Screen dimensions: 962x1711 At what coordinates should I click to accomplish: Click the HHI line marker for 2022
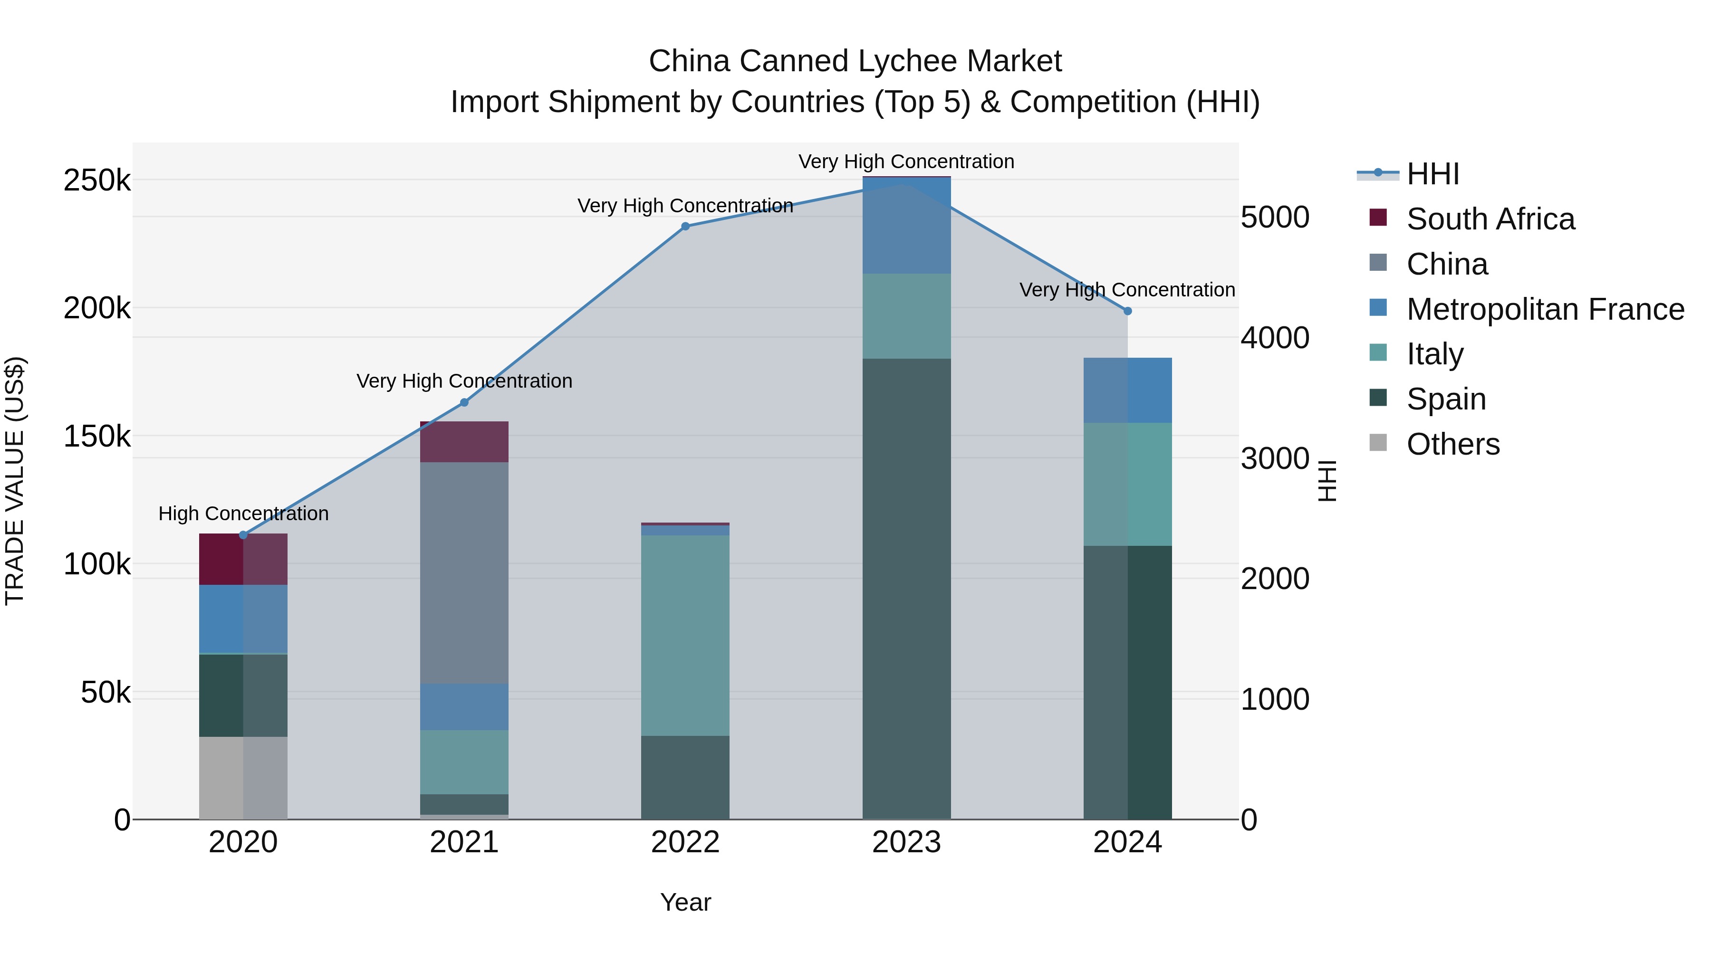pos(685,227)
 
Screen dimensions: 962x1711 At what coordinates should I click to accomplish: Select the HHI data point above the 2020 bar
pos(243,535)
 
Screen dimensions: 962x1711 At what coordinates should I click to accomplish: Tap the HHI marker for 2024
pos(1127,311)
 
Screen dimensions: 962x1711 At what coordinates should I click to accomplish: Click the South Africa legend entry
pos(1490,219)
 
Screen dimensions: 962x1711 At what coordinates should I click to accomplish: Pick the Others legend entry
pos(1452,444)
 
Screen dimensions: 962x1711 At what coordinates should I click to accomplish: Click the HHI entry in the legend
pos(1432,174)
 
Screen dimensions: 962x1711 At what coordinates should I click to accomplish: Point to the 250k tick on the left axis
pos(97,181)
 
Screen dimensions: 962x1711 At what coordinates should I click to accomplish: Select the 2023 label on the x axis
pos(906,842)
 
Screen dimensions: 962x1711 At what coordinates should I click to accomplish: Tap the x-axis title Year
pos(685,902)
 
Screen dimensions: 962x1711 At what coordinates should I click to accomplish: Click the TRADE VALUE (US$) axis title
pos(15,481)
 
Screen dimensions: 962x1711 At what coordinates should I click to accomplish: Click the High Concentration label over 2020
pos(243,513)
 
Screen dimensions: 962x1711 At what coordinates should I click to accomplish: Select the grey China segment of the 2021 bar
pos(464,572)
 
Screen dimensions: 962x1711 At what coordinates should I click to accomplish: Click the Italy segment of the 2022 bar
pos(685,635)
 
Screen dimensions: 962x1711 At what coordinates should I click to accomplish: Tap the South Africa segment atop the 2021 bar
pos(464,441)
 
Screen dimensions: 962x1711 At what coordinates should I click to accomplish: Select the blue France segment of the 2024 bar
pos(1127,391)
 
